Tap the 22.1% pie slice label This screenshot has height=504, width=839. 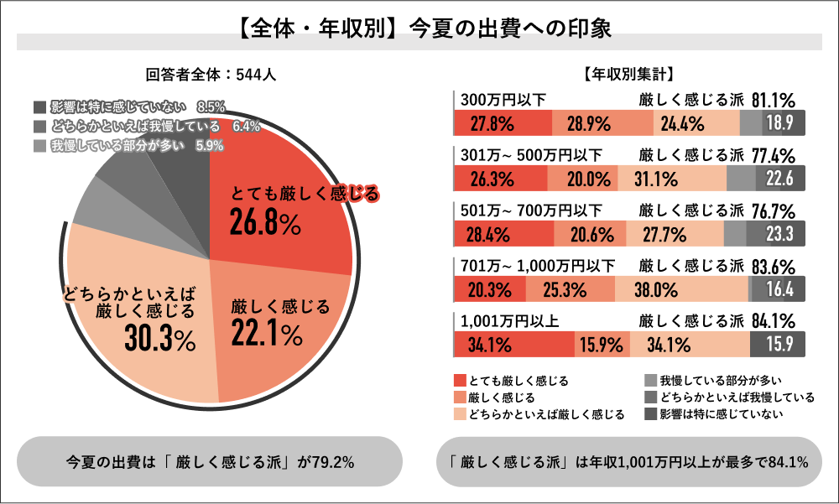[x=266, y=334]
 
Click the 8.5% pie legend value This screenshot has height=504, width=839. [x=211, y=107]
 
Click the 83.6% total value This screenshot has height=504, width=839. [x=773, y=266]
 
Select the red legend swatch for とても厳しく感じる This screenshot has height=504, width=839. [x=460, y=380]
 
